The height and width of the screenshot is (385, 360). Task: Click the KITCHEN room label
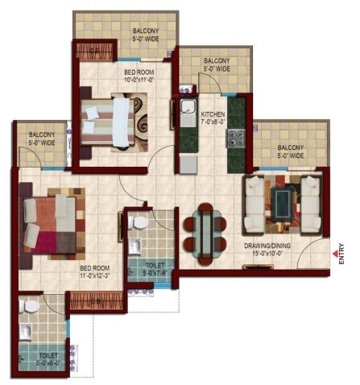pyautogui.click(x=213, y=115)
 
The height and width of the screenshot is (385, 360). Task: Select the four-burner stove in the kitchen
pyautogui.click(x=238, y=139)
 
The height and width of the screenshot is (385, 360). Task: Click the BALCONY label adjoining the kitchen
pyautogui.click(x=216, y=61)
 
